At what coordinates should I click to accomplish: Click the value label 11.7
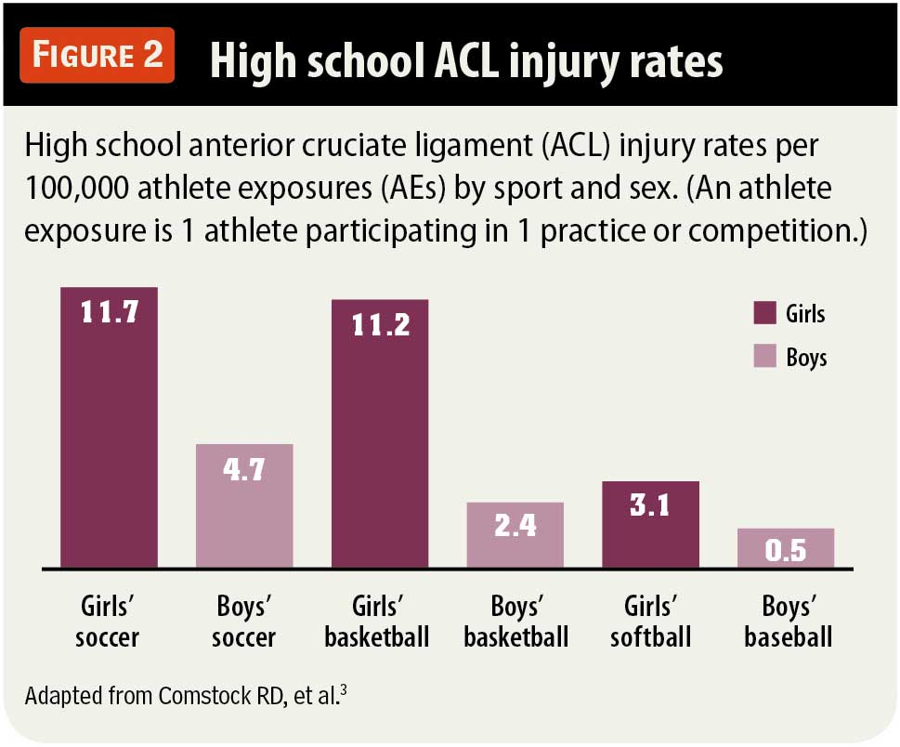tap(110, 312)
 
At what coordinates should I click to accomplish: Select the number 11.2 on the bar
tap(380, 324)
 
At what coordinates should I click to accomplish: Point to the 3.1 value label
tap(650, 506)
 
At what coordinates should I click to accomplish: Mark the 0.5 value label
tap(786, 551)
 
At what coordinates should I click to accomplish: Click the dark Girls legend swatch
tap(763, 313)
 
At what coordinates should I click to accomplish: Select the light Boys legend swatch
tap(763, 357)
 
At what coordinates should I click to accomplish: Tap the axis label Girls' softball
tap(650, 623)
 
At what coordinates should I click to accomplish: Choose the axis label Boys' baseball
tap(786, 623)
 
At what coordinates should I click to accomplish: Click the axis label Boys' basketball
tap(515, 623)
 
